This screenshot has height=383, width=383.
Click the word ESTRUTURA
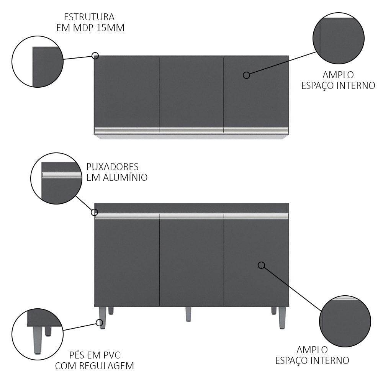click(89, 17)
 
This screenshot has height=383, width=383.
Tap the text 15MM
click(110, 28)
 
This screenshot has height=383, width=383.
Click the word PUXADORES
click(112, 167)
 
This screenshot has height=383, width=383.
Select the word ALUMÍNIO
click(125, 177)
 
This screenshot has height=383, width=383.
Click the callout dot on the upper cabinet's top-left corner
click(95, 56)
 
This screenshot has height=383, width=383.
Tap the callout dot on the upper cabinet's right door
click(246, 75)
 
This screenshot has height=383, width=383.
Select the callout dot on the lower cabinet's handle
click(95, 212)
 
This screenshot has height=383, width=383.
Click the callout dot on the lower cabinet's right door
click(261, 265)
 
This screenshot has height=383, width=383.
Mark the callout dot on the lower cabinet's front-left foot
click(100, 322)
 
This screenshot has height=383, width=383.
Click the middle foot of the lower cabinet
click(188, 314)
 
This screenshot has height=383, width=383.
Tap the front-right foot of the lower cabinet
click(282, 318)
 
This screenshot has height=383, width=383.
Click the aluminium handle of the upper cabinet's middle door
click(191, 130)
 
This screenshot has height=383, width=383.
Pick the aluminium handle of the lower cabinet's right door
click(256, 216)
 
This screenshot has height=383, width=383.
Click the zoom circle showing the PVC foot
click(38, 334)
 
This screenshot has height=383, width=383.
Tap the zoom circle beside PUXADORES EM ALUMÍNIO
click(56, 178)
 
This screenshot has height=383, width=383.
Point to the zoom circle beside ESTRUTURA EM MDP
click(38, 62)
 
